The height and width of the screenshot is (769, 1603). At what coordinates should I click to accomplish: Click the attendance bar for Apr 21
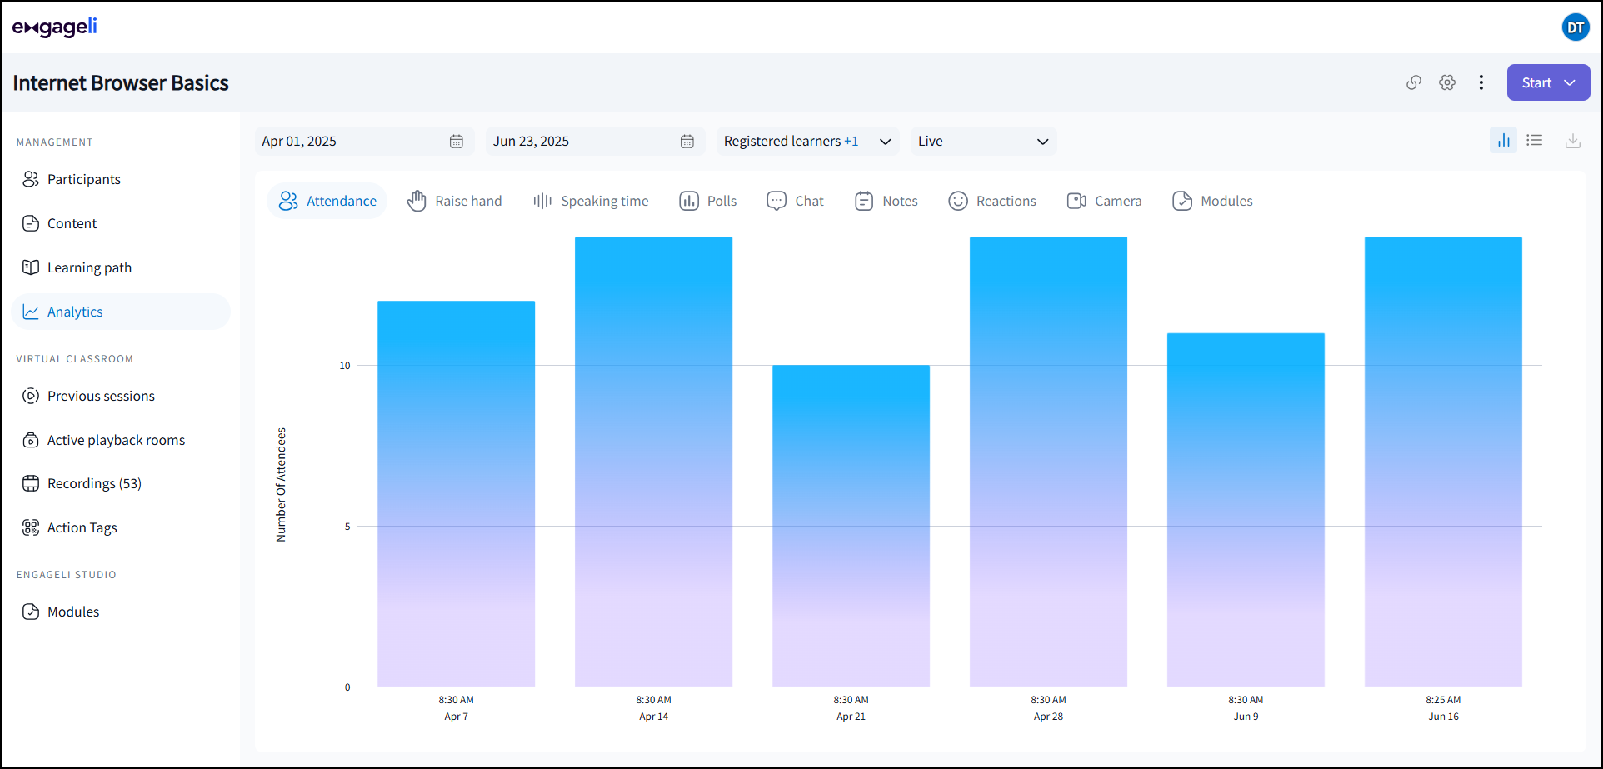851,525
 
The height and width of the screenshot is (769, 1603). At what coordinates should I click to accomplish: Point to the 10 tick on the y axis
345,366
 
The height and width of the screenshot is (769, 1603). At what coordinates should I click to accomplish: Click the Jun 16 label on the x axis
1443,716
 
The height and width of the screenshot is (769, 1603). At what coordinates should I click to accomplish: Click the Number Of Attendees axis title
281,485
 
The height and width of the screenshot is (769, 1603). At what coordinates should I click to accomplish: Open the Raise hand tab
455,201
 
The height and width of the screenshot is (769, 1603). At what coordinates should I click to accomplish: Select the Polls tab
708,201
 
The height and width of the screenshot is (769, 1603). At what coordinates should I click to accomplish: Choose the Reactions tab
992,201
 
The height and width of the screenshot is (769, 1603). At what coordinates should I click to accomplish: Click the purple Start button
1547,82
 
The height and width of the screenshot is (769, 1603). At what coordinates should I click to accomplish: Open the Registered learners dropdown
806,141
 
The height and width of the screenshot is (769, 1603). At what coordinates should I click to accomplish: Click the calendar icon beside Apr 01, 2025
457,141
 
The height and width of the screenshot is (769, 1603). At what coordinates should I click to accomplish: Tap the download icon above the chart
1572,141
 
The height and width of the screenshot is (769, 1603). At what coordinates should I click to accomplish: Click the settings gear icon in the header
1447,82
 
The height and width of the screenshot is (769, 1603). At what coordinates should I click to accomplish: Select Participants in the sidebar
83,179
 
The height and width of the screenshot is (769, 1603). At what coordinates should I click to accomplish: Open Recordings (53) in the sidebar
93,483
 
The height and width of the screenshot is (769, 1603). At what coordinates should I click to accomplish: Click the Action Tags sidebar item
82,527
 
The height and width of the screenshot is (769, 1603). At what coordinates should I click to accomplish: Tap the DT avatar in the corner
1575,27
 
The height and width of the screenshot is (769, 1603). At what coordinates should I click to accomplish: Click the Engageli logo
55,27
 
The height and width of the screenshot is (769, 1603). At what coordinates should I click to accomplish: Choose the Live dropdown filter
982,141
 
